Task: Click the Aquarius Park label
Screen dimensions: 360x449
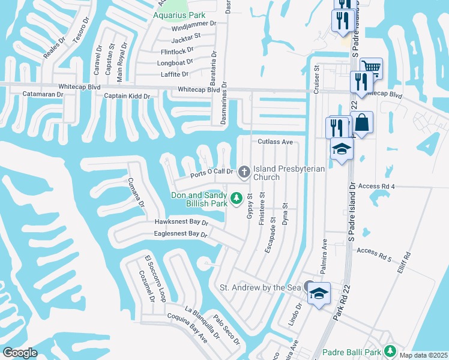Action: (x=179, y=15)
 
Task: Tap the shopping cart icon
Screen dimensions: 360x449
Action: (x=372, y=68)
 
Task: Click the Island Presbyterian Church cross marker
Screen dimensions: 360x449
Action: (x=244, y=172)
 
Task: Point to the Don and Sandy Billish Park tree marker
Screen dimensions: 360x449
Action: (x=237, y=197)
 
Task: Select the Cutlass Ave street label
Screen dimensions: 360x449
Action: (x=275, y=142)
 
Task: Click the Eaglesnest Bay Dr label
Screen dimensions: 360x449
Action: (x=180, y=233)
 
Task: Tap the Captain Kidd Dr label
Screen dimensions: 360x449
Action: (x=126, y=96)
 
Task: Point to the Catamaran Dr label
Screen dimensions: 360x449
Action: (x=43, y=94)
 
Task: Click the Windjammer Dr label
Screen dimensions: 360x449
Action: (x=193, y=24)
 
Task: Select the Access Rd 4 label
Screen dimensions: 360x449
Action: (x=376, y=187)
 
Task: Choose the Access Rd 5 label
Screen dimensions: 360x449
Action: (x=373, y=255)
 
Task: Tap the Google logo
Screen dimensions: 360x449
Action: (x=20, y=353)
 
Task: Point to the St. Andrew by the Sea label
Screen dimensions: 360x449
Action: (x=260, y=288)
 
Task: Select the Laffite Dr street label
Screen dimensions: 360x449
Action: (x=175, y=74)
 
